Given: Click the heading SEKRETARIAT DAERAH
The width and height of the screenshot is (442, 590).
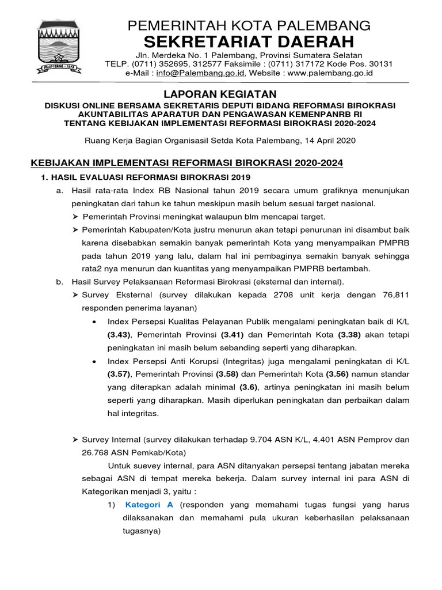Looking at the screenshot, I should [x=249, y=42].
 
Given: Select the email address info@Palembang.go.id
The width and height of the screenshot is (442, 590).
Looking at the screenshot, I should [x=199, y=73].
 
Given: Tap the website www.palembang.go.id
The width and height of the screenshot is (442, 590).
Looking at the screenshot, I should [x=330, y=73].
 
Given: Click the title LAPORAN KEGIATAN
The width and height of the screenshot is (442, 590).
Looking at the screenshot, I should [x=221, y=94].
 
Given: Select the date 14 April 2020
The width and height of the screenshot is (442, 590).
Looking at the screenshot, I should [x=329, y=140].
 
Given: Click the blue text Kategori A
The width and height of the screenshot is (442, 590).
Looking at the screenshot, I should [x=149, y=505].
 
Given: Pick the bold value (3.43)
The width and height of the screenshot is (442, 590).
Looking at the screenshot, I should [x=120, y=334].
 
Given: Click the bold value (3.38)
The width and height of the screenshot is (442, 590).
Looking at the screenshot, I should [x=350, y=334].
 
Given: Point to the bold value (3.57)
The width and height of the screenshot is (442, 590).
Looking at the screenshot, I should [x=120, y=375].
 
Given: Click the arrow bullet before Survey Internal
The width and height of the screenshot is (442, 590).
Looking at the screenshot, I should [x=75, y=439].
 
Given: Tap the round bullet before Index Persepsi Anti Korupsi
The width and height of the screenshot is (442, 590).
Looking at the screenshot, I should [x=94, y=361].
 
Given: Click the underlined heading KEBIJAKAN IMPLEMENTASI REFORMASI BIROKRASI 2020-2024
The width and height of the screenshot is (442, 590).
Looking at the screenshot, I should [x=186, y=164].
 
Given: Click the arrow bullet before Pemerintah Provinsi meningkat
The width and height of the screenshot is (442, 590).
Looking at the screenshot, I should [x=75, y=216].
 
